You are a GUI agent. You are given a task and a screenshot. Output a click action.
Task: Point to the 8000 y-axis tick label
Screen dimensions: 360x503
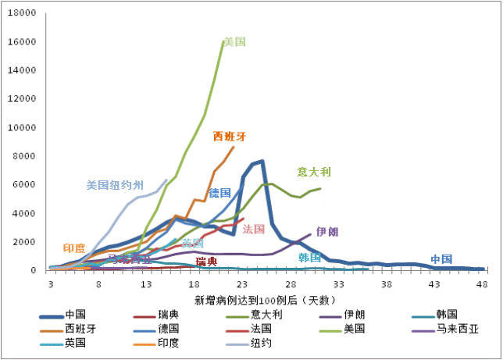[27, 156]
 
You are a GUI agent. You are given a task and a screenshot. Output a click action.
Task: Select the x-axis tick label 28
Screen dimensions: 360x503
[291, 285]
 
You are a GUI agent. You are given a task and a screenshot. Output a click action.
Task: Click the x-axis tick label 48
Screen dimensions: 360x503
[482, 285]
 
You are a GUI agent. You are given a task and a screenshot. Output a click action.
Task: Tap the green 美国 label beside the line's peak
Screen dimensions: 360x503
[234, 41]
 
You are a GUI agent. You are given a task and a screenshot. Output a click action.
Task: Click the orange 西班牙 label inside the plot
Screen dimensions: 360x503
[230, 136]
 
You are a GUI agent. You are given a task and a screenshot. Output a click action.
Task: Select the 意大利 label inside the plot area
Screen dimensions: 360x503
[314, 172]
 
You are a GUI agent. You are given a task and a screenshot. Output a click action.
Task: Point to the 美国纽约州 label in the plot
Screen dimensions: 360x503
[115, 185]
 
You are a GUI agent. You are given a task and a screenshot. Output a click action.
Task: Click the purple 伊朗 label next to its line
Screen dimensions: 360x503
[327, 231]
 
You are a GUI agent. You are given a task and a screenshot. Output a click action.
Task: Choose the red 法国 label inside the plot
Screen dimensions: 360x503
[254, 229]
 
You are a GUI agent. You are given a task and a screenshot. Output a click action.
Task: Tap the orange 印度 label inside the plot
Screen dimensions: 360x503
[74, 248]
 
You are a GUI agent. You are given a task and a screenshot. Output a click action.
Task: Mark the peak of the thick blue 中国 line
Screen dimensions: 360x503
[262, 162]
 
